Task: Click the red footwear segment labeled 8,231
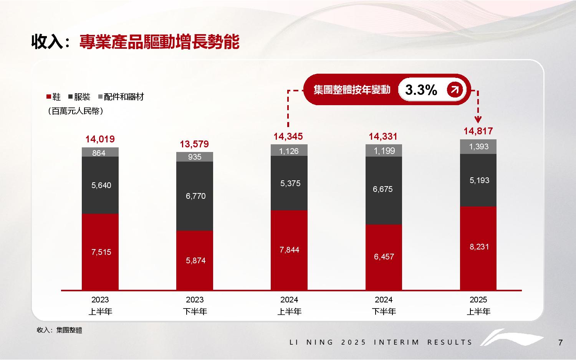coord(478,248)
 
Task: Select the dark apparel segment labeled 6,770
coord(195,196)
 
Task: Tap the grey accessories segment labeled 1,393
coord(478,147)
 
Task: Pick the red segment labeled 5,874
coord(195,260)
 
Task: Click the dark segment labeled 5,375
coord(289,183)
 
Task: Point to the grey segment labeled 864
coord(100,152)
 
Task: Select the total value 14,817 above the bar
coord(478,131)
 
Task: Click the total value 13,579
coord(195,144)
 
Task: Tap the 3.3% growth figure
coord(421,90)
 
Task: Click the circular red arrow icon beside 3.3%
coord(455,90)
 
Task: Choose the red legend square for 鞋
coord(49,97)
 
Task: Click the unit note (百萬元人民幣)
coord(75,111)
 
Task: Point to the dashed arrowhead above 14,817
coord(478,119)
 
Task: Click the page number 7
coord(560,343)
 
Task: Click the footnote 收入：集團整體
coord(60,330)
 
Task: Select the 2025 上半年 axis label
coord(478,306)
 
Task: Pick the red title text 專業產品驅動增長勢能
coord(159,42)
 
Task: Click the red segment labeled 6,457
coord(384,257)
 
